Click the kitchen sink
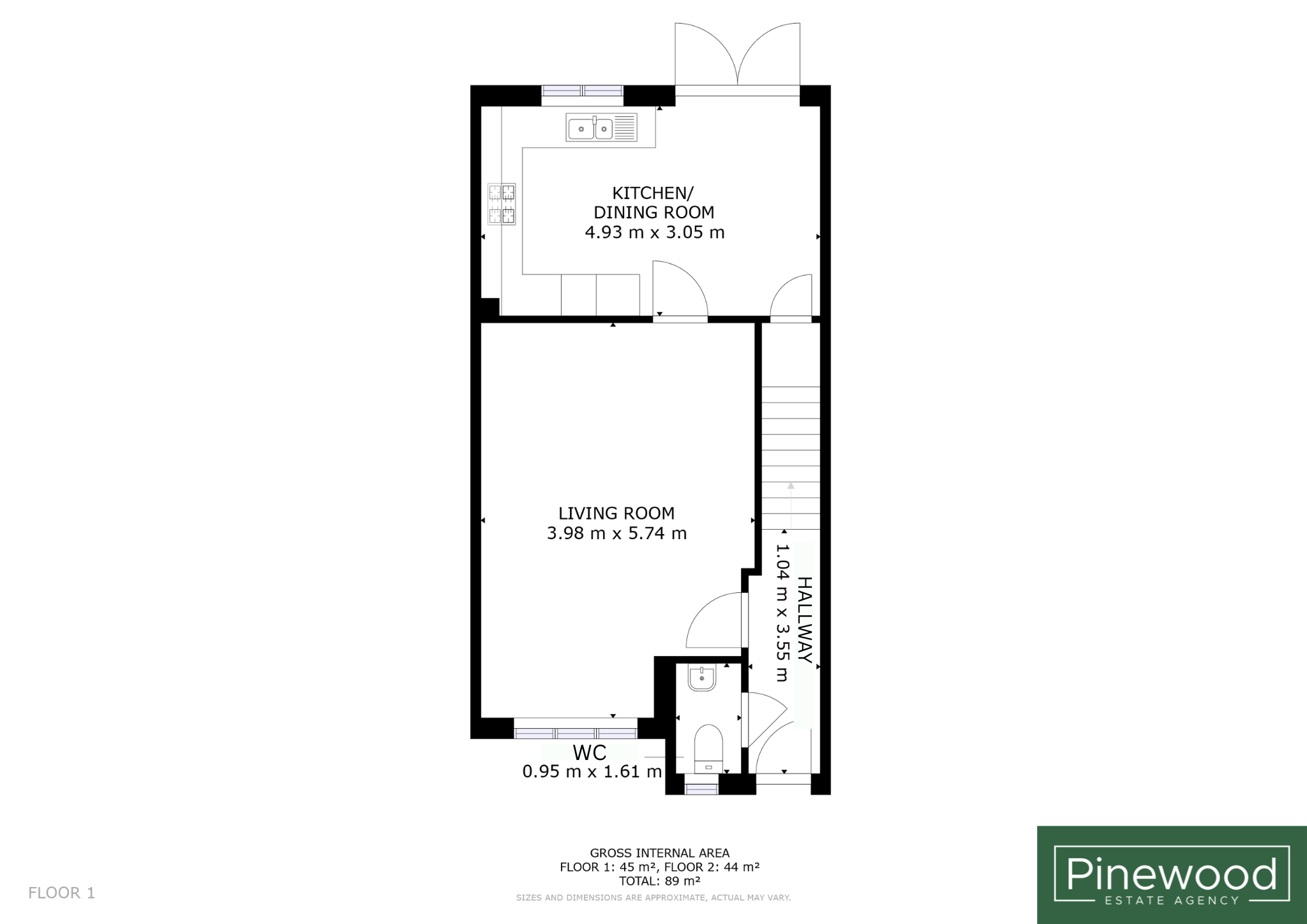(601, 128)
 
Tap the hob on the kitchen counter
(502, 204)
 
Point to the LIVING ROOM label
(616, 513)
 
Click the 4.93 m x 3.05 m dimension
(655, 232)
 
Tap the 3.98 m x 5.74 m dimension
(616, 533)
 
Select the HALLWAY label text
(805, 620)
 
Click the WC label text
(589, 753)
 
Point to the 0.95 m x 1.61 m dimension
(592, 772)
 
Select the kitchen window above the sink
(583, 91)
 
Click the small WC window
(701, 789)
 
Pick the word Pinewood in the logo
(1172, 874)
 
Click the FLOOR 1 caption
(61, 893)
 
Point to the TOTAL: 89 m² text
(660, 881)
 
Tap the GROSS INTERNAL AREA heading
(660, 853)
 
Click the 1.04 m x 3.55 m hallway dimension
(782, 613)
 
